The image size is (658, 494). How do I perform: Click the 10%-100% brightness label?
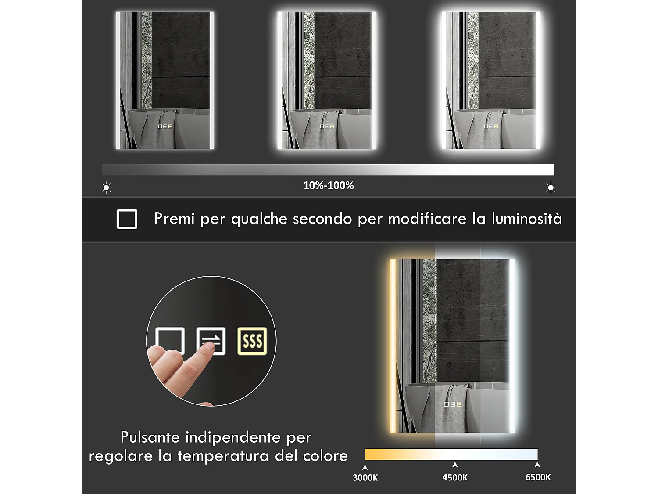coord(328,185)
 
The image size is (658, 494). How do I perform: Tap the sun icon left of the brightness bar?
coord(106,188)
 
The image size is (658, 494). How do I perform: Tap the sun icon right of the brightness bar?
coord(551,188)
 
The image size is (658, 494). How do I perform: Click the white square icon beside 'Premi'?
coord(127,219)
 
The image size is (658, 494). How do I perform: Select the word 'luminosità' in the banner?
coord(526,218)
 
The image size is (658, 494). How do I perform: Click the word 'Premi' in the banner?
coord(174,218)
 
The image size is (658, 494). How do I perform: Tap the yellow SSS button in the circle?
coord(252,341)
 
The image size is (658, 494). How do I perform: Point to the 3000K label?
coord(365,477)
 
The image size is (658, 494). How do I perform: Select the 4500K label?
coord(455,477)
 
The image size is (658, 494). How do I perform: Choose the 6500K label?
coord(538,477)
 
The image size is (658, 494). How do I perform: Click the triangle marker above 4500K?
coord(455,465)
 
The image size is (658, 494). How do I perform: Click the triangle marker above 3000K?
coord(365,467)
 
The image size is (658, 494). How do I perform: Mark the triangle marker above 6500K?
coord(537,465)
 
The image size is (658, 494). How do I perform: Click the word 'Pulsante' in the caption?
coord(150,437)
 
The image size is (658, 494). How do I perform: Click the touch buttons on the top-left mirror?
coord(165,126)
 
